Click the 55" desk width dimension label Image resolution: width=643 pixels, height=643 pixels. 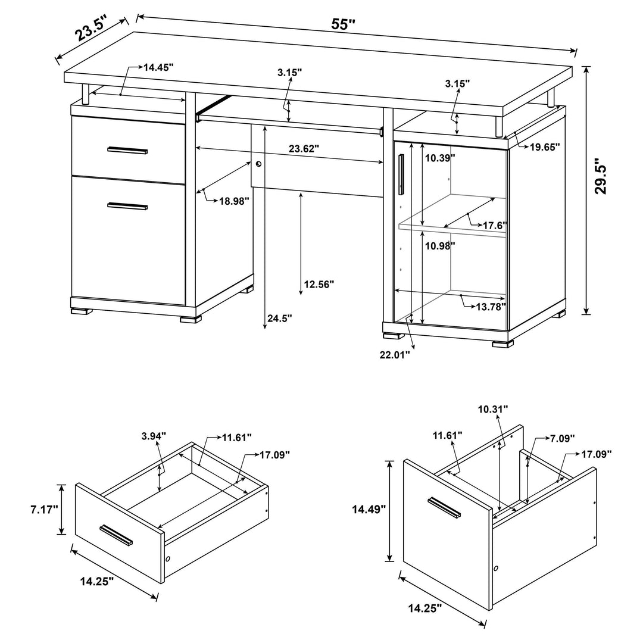(x=344, y=24)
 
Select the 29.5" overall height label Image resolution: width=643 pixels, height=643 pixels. (x=603, y=177)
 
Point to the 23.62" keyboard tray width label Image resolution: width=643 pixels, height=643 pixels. (x=304, y=149)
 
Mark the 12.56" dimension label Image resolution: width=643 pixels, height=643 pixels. (x=319, y=284)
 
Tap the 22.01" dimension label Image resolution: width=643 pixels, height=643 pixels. (x=394, y=355)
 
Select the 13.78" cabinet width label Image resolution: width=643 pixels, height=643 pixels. (x=491, y=306)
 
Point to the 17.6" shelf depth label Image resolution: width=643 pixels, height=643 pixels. (x=494, y=226)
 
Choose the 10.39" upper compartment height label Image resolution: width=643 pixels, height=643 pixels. (x=440, y=158)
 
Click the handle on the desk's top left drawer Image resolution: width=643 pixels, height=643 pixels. (x=127, y=150)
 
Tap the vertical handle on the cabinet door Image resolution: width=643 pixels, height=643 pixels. (x=401, y=174)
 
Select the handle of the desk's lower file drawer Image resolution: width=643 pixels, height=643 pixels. (x=127, y=206)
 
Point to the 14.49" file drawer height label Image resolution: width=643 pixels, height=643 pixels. (x=369, y=509)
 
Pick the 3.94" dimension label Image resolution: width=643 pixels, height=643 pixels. (x=154, y=436)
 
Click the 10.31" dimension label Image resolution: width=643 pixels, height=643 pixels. (x=492, y=409)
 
